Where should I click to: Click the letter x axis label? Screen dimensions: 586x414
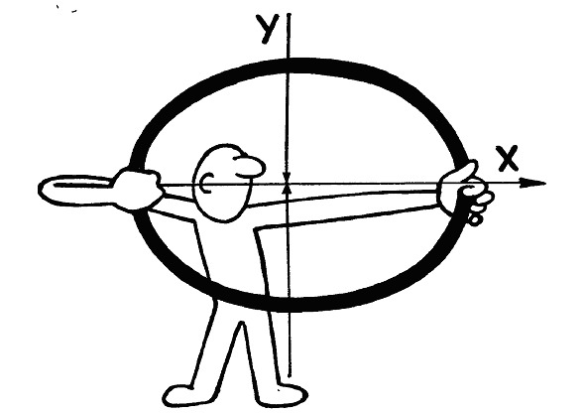pos(507,158)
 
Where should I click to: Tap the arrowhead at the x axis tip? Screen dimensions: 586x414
pos(533,183)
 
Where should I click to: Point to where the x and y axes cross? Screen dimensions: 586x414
pos(288,184)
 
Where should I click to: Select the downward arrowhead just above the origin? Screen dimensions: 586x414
pos(287,178)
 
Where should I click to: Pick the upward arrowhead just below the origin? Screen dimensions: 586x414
pos(287,190)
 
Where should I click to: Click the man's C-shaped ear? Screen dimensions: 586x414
pos(206,183)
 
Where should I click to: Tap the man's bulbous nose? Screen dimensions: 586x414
pos(250,167)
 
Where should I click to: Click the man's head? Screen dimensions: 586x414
pos(224,183)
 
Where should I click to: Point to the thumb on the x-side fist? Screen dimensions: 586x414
pos(463,171)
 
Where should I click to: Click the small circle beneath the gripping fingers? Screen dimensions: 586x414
pos(474,219)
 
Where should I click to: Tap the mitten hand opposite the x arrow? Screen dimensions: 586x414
pos(137,189)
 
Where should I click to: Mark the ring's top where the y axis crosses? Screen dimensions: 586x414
pos(288,66)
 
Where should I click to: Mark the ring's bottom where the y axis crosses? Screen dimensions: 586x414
pos(288,304)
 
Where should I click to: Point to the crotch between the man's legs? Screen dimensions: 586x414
pos(242,324)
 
